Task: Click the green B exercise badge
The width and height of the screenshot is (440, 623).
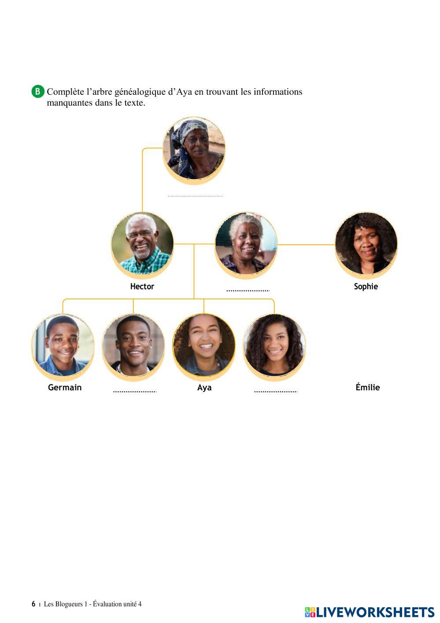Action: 38,92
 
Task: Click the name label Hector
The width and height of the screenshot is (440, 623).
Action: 142,287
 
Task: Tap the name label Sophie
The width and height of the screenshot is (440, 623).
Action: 366,287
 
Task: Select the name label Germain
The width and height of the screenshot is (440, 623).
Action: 65,388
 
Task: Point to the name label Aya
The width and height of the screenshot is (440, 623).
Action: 204,388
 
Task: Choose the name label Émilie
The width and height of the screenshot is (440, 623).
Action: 367,388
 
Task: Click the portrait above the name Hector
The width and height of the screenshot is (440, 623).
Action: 142,243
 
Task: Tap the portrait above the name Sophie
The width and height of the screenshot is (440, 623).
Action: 366,243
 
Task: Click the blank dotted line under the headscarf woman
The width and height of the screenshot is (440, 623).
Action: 195,196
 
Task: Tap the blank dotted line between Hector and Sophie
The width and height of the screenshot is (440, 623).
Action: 248,291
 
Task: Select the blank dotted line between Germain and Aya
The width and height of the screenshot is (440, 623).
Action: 134,391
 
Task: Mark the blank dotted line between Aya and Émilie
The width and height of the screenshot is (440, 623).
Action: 275,391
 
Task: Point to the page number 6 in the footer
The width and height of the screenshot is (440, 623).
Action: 33,604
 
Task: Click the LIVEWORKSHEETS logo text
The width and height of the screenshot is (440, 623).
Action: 375,612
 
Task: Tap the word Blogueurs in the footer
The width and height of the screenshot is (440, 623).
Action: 68,604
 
